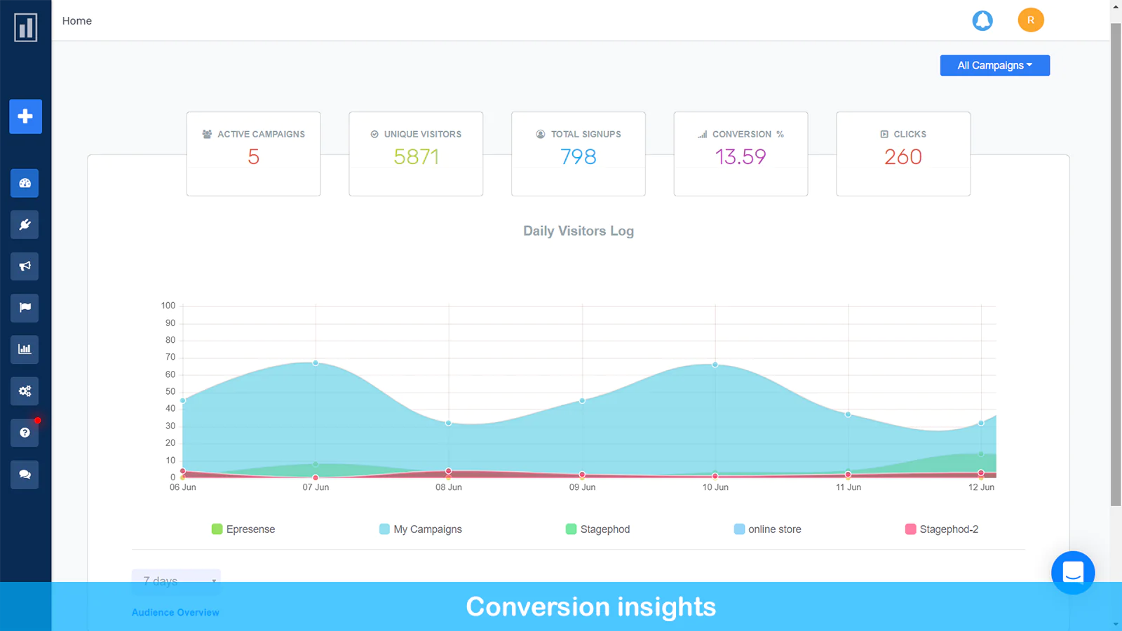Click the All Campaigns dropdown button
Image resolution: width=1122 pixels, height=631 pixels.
coord(994,65)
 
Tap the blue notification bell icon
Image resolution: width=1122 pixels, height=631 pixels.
coord(982,20)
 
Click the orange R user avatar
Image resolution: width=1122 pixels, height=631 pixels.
coord(1031,20)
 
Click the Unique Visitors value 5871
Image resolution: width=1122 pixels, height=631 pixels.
coord(416,156)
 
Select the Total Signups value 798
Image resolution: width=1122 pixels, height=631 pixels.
coord(578,156)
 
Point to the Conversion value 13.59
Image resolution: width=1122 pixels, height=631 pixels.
coord(741,156)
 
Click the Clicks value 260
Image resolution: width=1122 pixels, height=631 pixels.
coord(903,156)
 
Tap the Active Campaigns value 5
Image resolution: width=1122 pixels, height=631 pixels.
coord(253,156)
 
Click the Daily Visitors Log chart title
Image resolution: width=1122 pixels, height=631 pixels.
coord(578,231)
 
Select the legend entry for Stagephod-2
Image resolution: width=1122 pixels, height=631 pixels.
coord(942,529)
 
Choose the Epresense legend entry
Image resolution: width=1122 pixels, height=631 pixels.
coord(243,529)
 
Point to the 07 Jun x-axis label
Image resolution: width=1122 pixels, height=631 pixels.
coord(316,487)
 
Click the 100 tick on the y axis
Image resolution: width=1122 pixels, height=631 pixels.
coord(168,306)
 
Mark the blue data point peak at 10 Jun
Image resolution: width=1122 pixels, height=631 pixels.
coord(715,365)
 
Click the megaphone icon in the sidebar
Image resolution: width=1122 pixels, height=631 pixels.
coord(25,266)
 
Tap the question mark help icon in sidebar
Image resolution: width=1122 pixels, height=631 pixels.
coord(25,433)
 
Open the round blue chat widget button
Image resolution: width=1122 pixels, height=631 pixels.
coord(1072,573)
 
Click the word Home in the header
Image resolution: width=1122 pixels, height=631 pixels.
coord(77,21)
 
